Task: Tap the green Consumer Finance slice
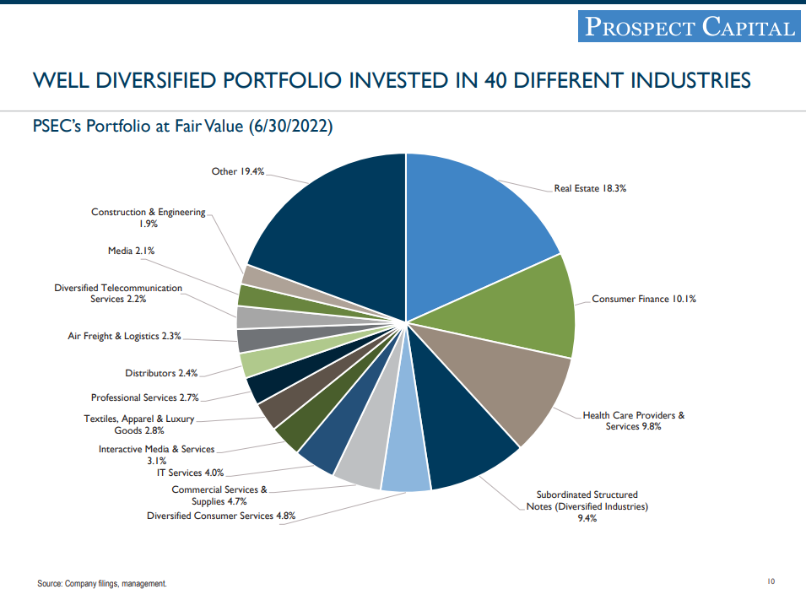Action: click(x=523, y=308)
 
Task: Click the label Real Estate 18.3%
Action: click(x=590, y=188)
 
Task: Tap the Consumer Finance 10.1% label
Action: click(x=644, y=299)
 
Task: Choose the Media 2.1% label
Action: click(x=131, y=251)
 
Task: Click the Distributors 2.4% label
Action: click(x=161, y=373)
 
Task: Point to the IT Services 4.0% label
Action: click(x=190, y=473)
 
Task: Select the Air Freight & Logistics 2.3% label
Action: click(x=124, y=336)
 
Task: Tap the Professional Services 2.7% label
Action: click(x=144, y=397)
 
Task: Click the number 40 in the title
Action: click(x=495, y=80)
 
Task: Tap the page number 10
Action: click(x=771, y=581)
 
